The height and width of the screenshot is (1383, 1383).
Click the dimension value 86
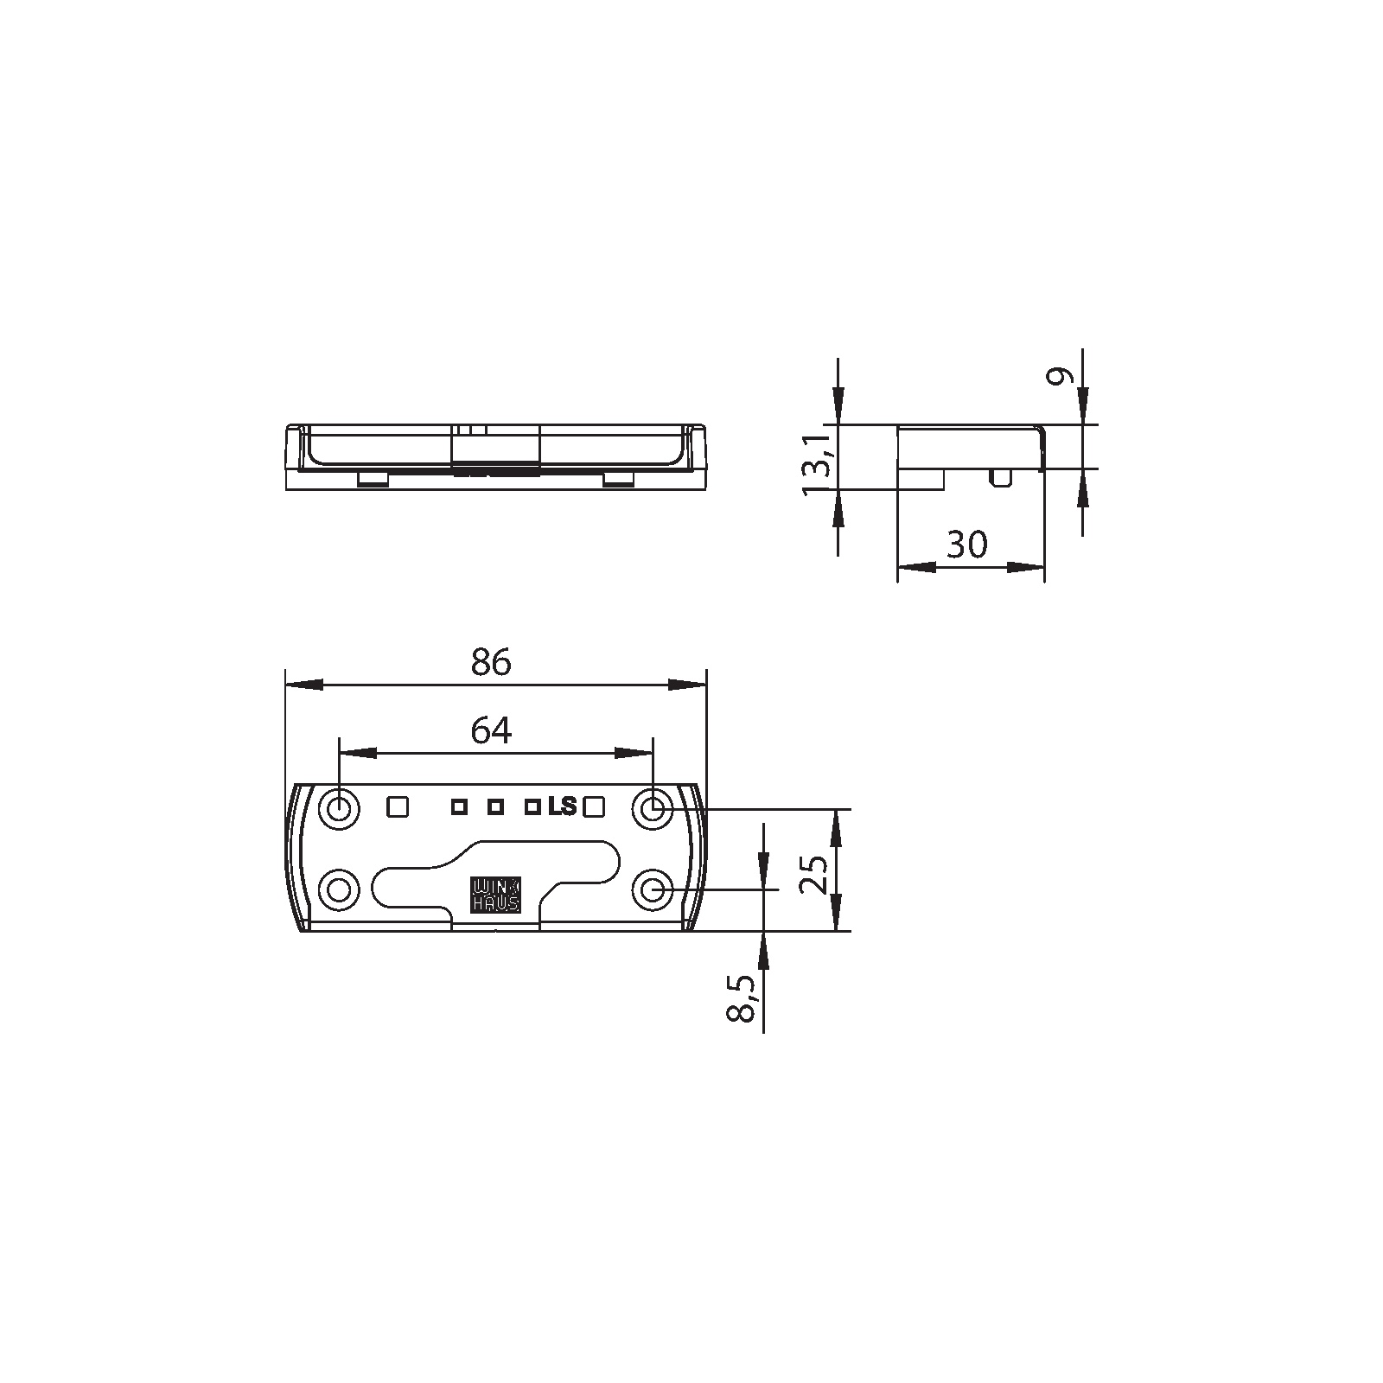pyautogui.click(x=491, y=662)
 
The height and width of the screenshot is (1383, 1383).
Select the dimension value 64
pyautogui.click(x=491, y=731)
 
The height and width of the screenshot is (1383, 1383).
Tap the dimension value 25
pyautogui.click(x=814, y=874)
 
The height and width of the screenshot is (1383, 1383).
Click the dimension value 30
pyautogui.click(x=967, y=545)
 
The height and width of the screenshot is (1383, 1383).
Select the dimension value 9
pyautogui.click(x=1061, y=376)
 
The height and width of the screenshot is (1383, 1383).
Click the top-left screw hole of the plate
pyautogui.click(x=340, y=810)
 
